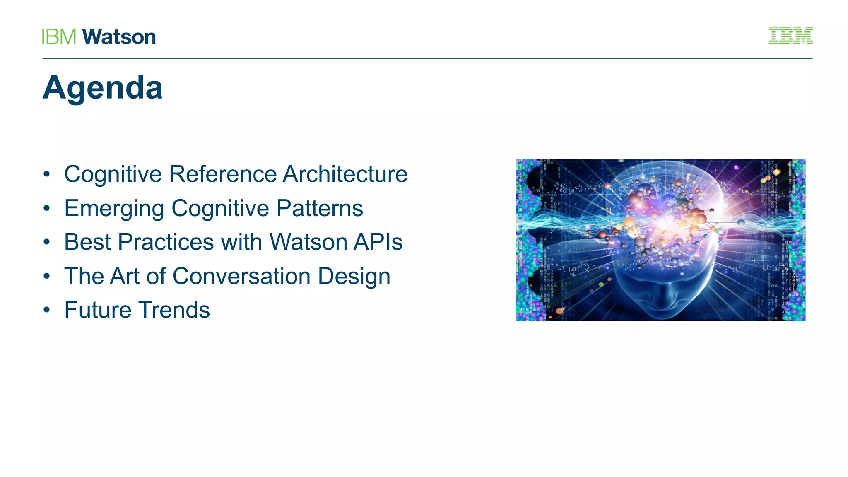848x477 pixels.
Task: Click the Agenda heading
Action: pos(102,88)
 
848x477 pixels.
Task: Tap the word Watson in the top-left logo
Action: pos(119,37)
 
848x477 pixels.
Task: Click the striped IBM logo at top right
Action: pos(790,36)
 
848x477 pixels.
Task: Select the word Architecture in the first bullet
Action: pos(345,174)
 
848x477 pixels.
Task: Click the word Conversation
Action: pos(241,276)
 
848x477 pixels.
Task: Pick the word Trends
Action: pos(174,310)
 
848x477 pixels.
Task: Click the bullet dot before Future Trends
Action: pos(47,310)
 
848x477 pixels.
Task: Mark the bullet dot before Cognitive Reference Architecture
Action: pos(47,174)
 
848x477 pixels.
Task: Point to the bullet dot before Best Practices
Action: pos(47,242)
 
